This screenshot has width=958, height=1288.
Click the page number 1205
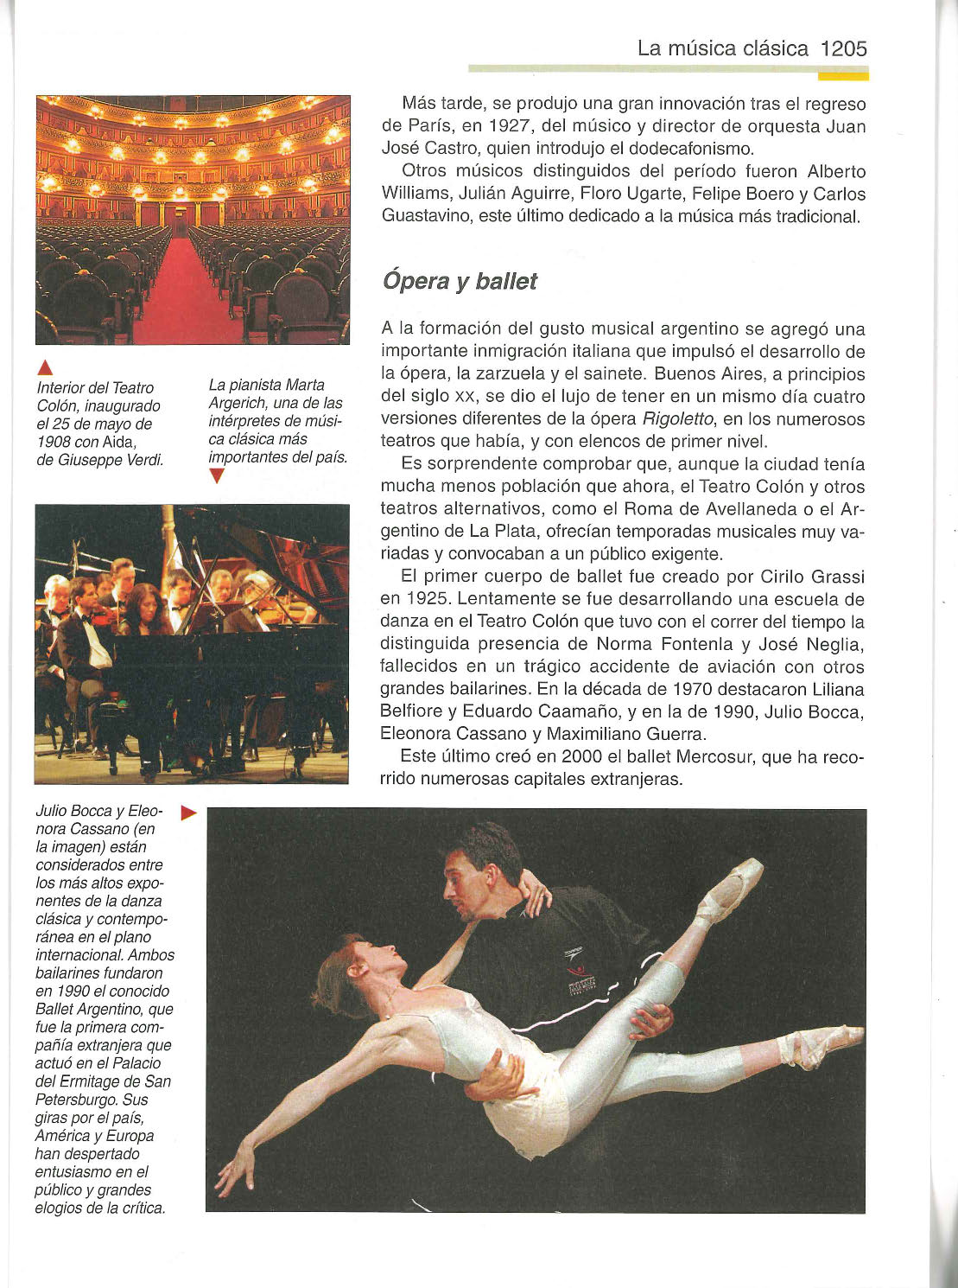pos(843,48)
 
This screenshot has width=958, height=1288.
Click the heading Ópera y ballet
pos(459,281)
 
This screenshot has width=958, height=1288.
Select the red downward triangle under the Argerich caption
pos(217,476)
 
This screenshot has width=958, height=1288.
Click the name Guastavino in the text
pos(425,216)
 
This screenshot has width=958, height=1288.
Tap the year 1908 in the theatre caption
pos(54,442)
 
